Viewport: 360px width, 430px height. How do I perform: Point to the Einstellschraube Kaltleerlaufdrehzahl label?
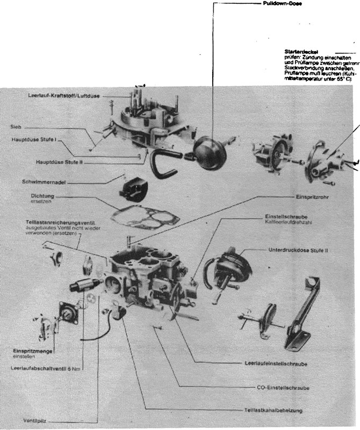(284, 220)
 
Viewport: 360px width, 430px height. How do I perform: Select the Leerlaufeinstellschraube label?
(275, 364)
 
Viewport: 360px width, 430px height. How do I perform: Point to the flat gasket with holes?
(139, 212)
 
